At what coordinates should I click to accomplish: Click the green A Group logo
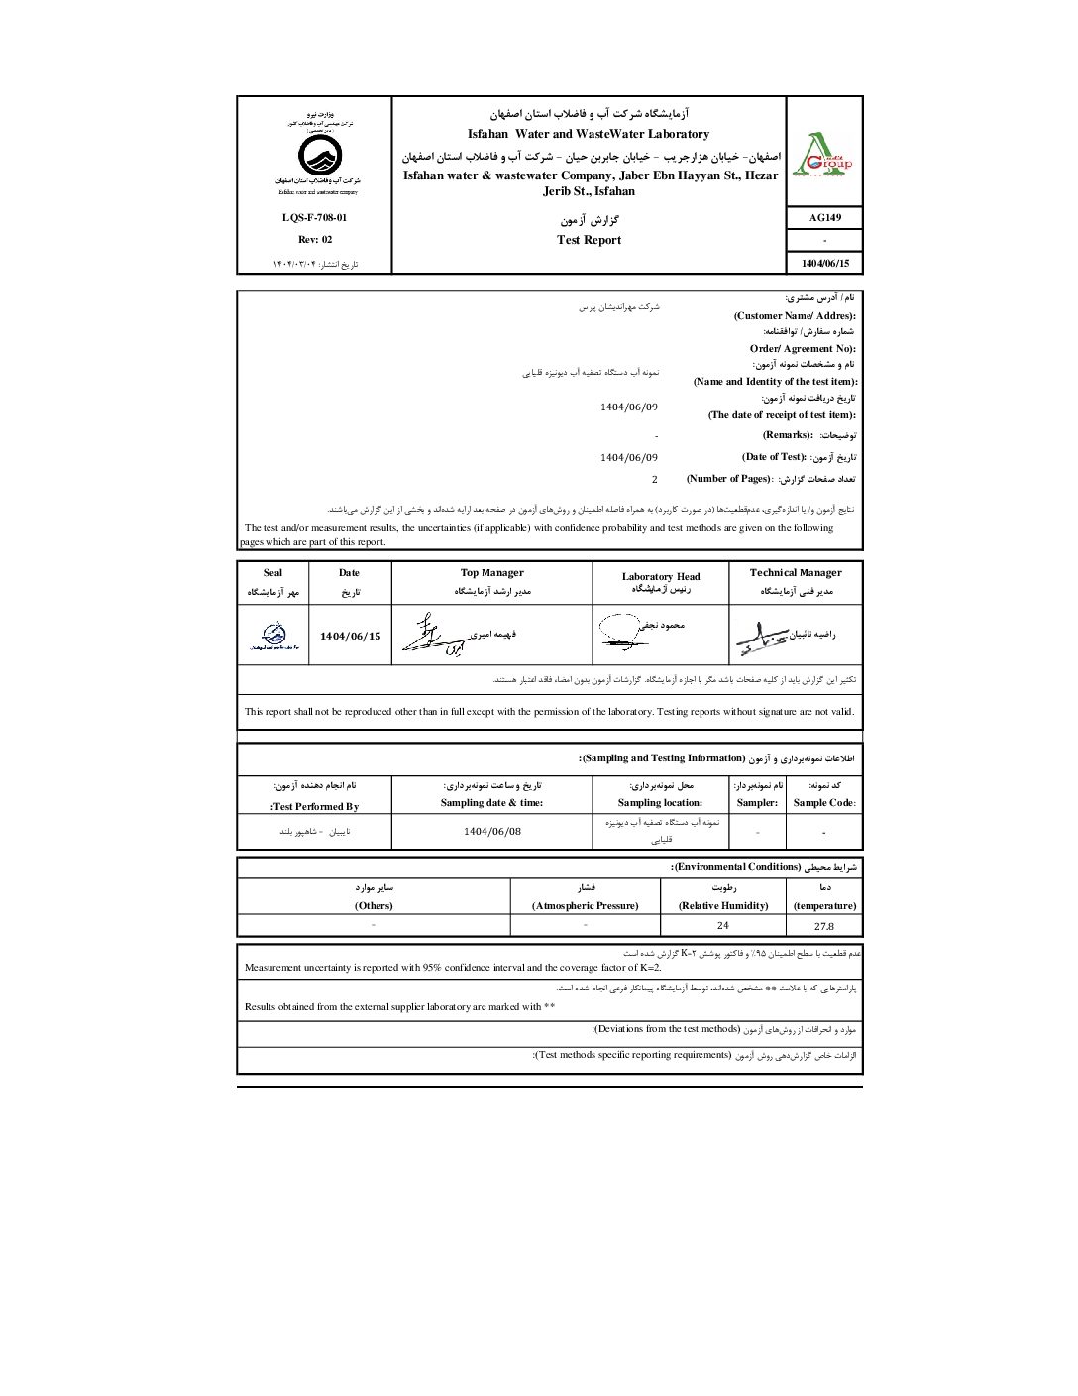tap(824, 156)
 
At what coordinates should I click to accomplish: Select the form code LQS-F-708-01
tap(314, 218)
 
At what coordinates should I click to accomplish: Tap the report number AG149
tap(824, 218)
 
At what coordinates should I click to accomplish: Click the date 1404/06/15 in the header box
tap(824, 263)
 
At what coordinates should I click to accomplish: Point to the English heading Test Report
tap(589, 240)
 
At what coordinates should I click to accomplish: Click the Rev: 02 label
tap(315, 240)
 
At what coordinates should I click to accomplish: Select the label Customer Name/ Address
tap(795, 315)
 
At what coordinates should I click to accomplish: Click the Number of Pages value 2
tap(654, 480)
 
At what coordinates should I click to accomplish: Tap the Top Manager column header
tap(491, 573)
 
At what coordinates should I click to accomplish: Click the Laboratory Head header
tap(661, 576)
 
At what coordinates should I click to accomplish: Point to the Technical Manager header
tap(796, 573)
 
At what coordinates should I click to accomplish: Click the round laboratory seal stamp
tap(273, 636)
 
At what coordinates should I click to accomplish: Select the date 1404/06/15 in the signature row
tap(350, 637)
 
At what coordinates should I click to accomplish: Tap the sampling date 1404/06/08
tap(491, 832)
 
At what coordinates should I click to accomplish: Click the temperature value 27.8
tap(824, 926)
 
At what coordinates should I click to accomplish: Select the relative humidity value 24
tap(723, 926)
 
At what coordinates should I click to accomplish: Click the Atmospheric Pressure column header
tap(585, 906)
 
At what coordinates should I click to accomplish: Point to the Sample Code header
tap(824, 803)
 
